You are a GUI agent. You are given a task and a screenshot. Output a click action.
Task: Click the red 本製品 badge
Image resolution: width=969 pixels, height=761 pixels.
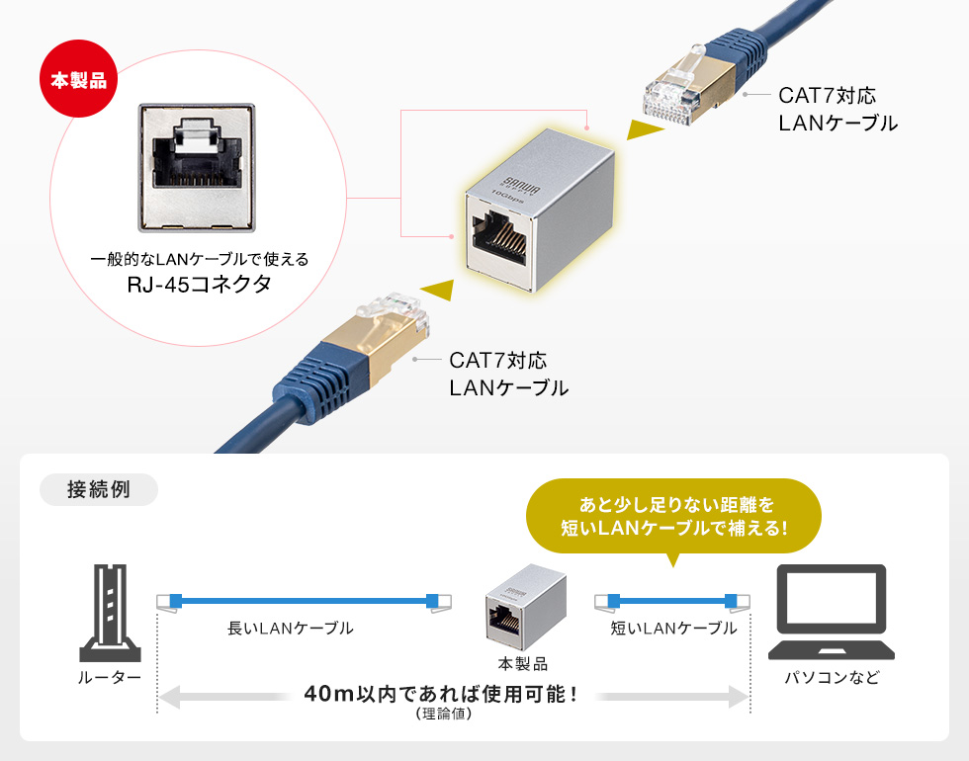point(78,79)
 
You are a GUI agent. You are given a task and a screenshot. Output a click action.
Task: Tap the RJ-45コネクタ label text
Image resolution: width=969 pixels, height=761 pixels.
point(199,286)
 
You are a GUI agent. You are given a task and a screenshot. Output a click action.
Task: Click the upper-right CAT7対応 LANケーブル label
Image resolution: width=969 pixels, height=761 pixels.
point(837,110)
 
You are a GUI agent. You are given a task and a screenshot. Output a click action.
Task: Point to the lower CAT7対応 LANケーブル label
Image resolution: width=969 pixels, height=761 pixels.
point(508,375)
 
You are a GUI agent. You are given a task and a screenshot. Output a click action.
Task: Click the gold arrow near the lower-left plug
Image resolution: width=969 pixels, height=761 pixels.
point(437,289)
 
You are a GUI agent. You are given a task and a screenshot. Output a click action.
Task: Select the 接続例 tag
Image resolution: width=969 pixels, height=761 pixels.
point(98,490)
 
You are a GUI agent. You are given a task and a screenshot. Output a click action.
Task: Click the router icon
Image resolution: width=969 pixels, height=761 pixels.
point(109,612)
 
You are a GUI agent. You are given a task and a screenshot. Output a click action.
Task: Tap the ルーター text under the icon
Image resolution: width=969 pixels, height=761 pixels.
point(109,678)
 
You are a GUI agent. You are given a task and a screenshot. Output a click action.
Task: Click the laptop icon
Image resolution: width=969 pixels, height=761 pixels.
point(831,612)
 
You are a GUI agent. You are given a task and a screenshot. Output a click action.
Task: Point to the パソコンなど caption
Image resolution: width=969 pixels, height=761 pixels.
point(832,678)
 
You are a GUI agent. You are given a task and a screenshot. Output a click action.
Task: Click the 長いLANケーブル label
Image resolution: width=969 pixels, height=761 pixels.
point(290,629)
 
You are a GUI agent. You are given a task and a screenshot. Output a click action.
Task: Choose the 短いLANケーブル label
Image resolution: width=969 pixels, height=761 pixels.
point(672,629)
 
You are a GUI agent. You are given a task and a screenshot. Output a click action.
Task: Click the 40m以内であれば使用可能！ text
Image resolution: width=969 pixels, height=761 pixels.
point(441,694)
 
